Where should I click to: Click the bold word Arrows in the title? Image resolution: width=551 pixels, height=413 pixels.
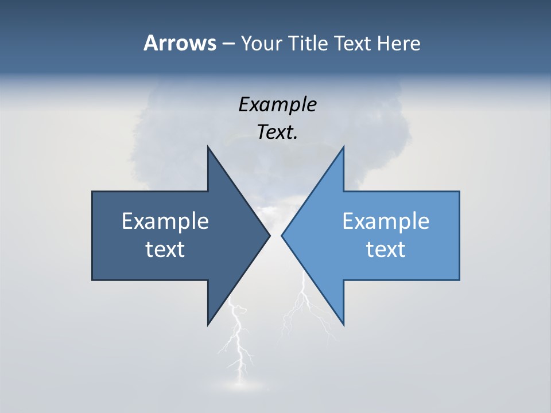179,43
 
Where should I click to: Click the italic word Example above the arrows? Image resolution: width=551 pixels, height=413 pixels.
277,105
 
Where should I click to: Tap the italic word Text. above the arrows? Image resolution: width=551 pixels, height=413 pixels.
277,133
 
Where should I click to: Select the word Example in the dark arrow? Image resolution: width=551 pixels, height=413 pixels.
165,221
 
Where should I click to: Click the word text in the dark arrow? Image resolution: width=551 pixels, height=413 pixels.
165,250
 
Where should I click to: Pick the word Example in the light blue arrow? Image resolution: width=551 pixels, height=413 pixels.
386,221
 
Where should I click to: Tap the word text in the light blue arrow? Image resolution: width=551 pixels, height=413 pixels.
386,250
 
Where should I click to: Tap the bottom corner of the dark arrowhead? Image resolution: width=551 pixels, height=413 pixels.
208,324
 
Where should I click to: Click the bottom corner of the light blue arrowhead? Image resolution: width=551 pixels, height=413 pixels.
343,324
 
